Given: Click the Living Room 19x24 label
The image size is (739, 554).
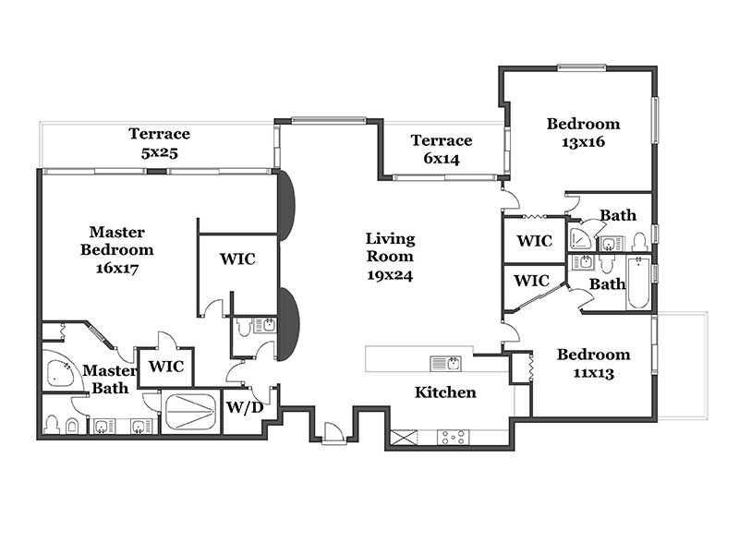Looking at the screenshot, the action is click(390, 257).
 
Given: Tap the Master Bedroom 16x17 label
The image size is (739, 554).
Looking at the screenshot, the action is click(117, 249).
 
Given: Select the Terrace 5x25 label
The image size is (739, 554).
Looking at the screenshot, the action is click(159, 143).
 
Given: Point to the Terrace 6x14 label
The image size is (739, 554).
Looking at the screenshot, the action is click(442, 150).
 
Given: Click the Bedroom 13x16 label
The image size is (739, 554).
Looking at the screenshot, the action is click(584, 132).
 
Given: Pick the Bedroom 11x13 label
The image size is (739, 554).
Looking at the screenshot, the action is click(593, 363).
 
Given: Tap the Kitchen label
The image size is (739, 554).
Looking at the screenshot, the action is click(445, 392).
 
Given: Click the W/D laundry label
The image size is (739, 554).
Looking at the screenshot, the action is click(245, 407).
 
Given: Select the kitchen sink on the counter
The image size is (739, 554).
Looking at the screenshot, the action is click(446, 364).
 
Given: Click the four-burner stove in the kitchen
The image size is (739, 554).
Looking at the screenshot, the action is click(453, 437).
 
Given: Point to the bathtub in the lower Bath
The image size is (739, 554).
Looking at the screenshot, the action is click(638, 283).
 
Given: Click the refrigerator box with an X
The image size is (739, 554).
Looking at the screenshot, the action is click(404, 437).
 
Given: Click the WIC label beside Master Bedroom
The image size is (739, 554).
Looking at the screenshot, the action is click(237, 259).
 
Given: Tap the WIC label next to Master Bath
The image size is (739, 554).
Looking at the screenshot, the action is click(166, 367).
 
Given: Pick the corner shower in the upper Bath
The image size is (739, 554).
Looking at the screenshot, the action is click(583, 239).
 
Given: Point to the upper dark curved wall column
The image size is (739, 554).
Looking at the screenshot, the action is click(286, 206).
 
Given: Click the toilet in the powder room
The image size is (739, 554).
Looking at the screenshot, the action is click(243, 328).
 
